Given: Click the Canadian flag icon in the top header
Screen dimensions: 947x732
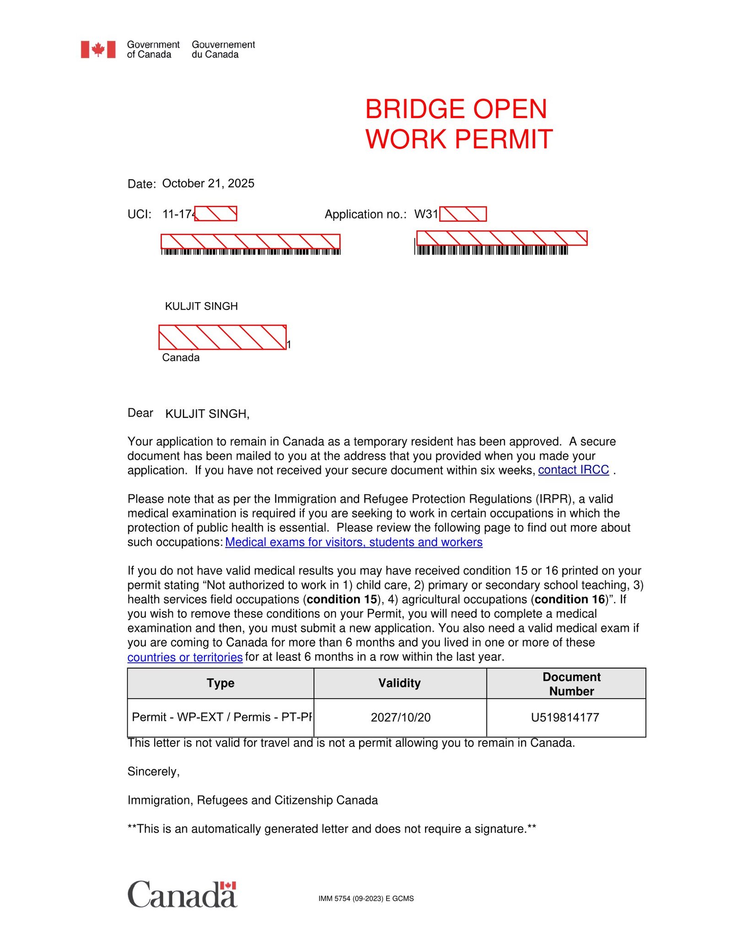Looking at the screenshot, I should [98, 49].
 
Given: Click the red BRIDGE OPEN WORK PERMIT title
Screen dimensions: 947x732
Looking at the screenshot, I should [458, 124].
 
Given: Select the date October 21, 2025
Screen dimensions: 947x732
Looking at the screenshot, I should [208, 183].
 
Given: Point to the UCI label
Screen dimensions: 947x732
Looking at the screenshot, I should [139, 214].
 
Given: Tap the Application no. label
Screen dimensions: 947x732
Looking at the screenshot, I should [365, 214].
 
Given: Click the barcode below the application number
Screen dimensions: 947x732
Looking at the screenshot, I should [492, 250].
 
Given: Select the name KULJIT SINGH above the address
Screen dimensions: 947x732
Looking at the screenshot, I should [201, 306].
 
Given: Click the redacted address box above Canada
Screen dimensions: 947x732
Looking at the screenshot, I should [222, 337].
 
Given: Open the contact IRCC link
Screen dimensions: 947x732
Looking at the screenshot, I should [573, 470].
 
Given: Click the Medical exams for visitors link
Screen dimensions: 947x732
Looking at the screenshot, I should [354, 542].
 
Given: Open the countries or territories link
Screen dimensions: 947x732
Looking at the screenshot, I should [185, 658].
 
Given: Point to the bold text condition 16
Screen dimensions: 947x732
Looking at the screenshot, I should [570, 599].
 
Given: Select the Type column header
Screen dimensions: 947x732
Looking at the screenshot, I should [221, 683].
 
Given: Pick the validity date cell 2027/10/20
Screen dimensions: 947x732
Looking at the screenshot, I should [400, 717].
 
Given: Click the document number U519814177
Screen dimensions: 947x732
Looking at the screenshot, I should [565, 717].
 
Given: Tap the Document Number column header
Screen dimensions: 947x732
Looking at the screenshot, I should [571, 684].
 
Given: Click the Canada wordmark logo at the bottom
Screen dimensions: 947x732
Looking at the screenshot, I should [182, 895].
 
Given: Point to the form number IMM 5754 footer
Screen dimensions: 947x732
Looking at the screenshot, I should [366, 899].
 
